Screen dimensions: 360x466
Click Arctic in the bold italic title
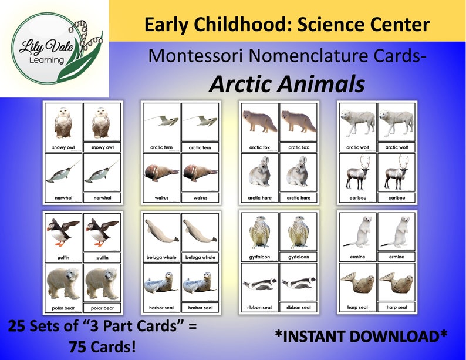(x=241, y=85)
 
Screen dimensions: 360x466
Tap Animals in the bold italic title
(x=322, y=85)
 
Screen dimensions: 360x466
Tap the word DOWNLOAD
(x=403, y=335)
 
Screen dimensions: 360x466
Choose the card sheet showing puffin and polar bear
(x=83, y=263)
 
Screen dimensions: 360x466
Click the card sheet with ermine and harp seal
(x=377, y=263)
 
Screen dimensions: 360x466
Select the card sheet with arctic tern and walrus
(x=181, y=153)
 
